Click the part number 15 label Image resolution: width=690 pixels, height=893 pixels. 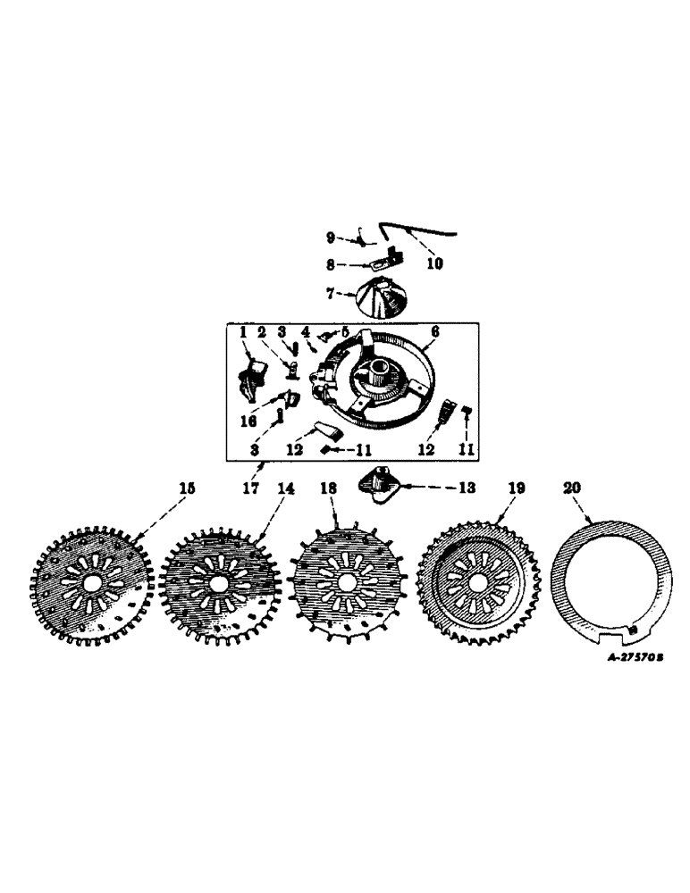(186, 488)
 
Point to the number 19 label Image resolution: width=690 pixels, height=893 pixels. (517, 488)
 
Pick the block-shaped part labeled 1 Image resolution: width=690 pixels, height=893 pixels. (253, 376)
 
